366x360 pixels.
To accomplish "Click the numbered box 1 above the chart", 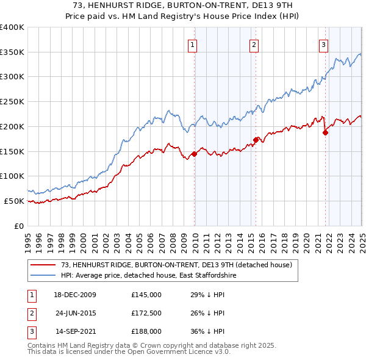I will pyautogui.click(x=192, y=43).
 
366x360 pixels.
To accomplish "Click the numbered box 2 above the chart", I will pyautogui.click(x=253, y=43).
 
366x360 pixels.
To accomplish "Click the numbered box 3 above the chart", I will pyautogui.click(x=323, y=43).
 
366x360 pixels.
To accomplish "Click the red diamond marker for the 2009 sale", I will pyautogui.click(x=195, y=154).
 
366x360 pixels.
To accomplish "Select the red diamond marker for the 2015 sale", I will pyautogui.click(x=256, y=140).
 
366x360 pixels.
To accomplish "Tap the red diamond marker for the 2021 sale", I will pyautogui.click(x=325, y=132).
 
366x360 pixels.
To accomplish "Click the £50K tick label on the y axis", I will pyautogui.click(x=15, y=201).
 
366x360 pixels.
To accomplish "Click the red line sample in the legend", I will pyautogui.click(x=43, y=265).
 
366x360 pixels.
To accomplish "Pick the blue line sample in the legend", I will pyautogui.click(x=43, y=276).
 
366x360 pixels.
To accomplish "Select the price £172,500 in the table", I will pyautogui.click(x=146, y=314).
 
